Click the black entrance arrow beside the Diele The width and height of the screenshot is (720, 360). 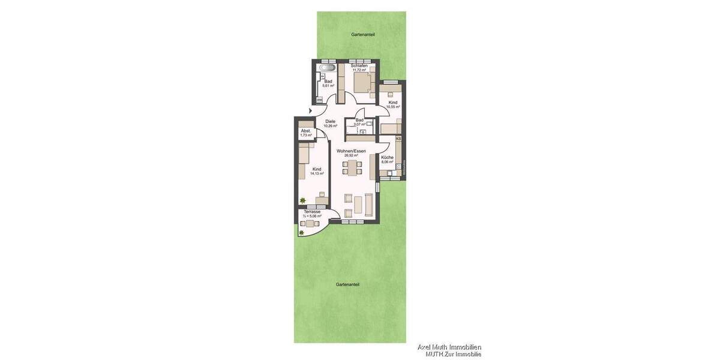[x=310, y=111]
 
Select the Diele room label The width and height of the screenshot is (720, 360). [x=330, y=121]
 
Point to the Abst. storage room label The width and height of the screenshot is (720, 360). [x=306, y=131]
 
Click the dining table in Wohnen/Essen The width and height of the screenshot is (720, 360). [x=353, y=167]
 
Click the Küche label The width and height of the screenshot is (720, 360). [x=387, y=157]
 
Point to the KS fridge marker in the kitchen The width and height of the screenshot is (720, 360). [x=398, y=139]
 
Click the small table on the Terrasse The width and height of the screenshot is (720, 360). [x=310, y=224]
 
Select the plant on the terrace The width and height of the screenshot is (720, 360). [x=301, y=233]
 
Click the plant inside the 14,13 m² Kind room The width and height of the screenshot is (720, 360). [x=303, y=201]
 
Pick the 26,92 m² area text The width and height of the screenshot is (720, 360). [x=351, y=155]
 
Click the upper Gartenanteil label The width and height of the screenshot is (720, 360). [x=363, y=35]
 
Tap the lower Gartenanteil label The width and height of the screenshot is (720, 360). [x=347, y=284]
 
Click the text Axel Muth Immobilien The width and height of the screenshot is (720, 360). [x=449, y=347]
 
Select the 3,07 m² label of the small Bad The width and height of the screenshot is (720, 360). [x=360, y=124]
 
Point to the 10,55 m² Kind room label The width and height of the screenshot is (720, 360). [x=393, y=107]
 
